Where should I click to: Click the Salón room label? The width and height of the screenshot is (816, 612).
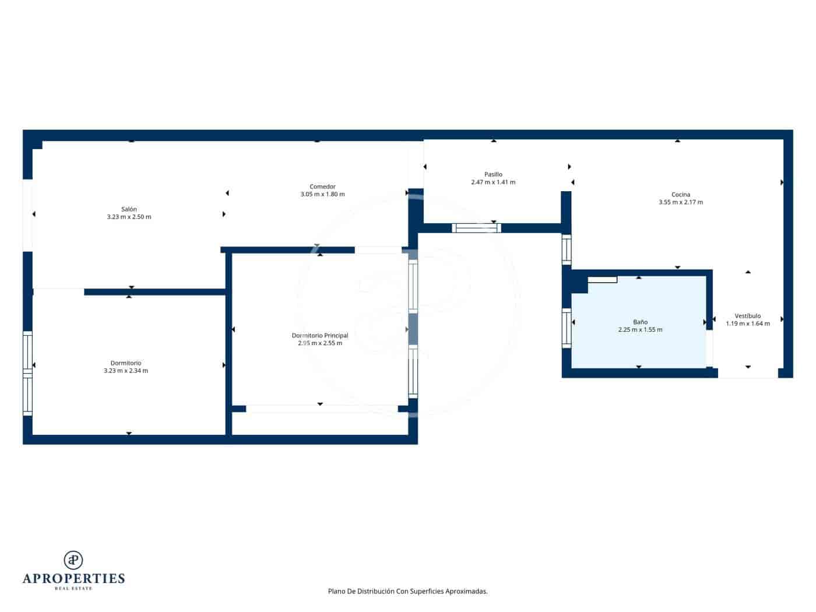[x=129, y=209]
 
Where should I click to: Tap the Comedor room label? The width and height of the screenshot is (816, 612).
[x=322, y=187]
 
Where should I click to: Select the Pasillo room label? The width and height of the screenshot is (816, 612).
[x=493, y=174]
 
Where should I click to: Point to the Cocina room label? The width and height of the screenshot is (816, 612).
[x=681, y=195]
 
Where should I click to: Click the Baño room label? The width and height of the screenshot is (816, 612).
[x=640, y=322]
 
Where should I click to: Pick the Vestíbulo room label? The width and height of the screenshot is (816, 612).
[x=748, y=316]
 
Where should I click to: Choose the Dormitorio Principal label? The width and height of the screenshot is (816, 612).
[x=320, y=336]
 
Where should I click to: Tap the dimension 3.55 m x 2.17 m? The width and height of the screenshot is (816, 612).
[x=681, y=202]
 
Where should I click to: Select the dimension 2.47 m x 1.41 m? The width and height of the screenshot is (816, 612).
[x=493, y=182]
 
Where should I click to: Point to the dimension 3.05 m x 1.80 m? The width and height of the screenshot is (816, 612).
[x=322, y=194]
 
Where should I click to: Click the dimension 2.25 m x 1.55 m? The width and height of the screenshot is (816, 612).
[x=640, y=329]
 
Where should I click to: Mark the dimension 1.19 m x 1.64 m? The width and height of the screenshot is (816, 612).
[x=748, y=323]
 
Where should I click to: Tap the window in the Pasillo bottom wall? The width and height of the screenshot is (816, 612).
[x=477, y=228]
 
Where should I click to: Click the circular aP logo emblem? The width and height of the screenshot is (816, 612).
[x=73, y=560]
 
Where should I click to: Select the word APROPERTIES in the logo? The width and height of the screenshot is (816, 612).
[x=73, y=579]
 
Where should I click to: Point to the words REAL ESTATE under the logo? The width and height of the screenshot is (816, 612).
[x=73, y=589]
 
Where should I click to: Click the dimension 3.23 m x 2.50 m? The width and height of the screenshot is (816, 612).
[x=129, y=217]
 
